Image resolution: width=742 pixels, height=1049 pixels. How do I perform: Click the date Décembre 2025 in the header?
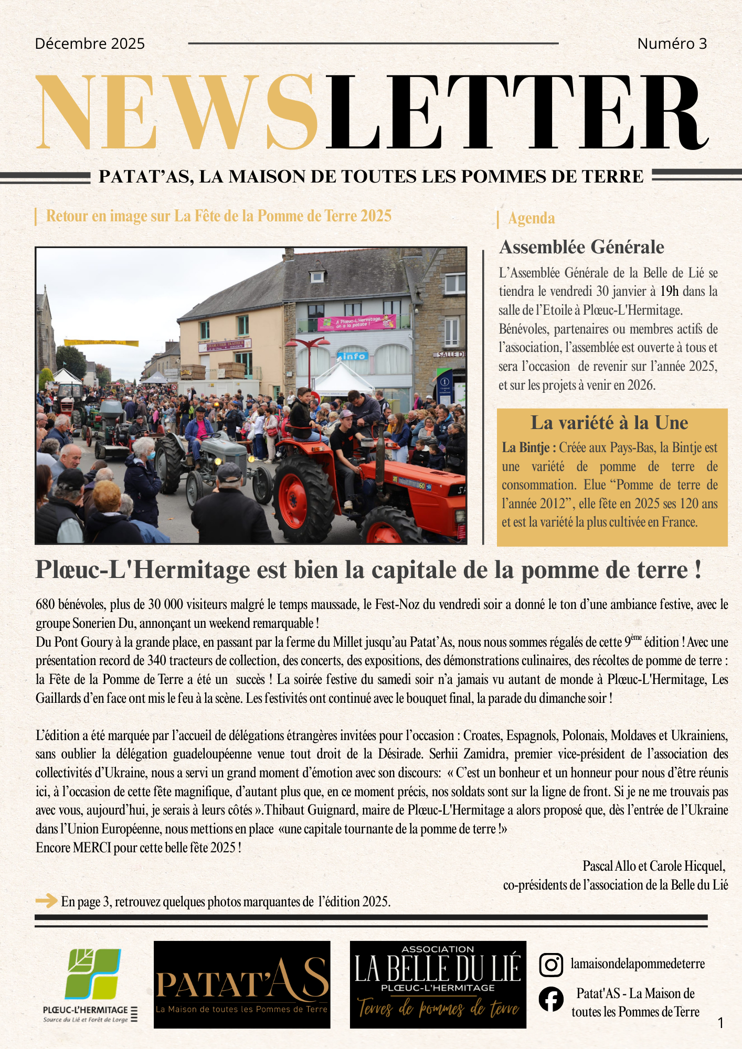click(90, 44)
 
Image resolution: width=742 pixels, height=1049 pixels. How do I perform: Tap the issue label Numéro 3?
click(672, 44)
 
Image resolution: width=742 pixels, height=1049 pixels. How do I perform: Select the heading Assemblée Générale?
click(581, 247)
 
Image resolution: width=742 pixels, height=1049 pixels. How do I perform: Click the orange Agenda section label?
click(531, 218)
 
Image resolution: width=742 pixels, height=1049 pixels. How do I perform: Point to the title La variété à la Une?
click(609, 423)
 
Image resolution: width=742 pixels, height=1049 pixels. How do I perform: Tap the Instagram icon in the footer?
click(551, 965)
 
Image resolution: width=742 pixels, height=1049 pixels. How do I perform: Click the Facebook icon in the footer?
click(551, 999)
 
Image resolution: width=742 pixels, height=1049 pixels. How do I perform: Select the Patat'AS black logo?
click(242, 984)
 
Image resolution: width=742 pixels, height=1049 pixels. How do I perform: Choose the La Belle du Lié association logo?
click(438, 984)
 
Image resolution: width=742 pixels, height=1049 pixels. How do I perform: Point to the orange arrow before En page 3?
click(46, 901)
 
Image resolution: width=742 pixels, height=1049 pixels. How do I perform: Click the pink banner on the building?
click(357, 322)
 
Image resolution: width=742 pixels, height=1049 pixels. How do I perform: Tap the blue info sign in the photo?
click(353, 356)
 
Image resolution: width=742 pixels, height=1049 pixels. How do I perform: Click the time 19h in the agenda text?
click(669, 292)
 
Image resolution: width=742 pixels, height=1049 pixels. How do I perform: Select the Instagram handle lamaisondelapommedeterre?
click(638, 964)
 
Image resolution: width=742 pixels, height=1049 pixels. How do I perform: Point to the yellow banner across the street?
click(101, 343)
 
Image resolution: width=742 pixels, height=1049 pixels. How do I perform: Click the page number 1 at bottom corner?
click(720, 1022)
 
